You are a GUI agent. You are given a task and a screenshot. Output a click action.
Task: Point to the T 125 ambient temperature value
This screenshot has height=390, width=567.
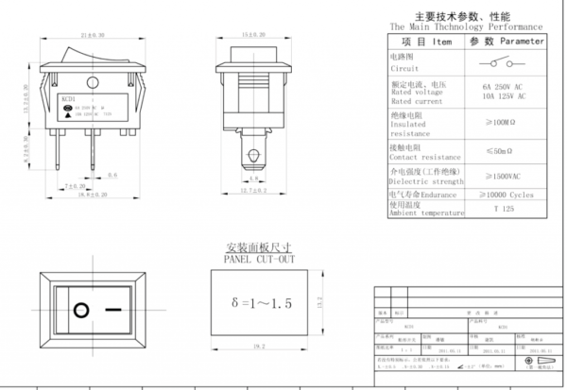(x=500, y=209)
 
